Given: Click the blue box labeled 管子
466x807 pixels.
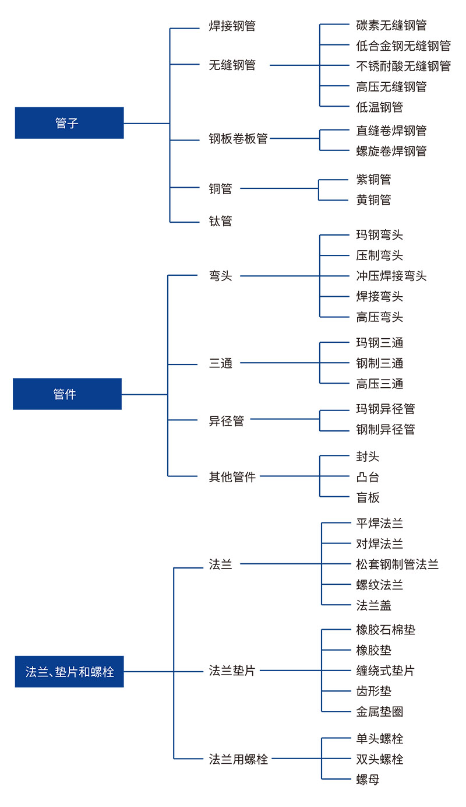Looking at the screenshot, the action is pyautogui.click(x=69, y=123).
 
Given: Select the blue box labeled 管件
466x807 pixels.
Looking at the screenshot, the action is pyautogui.click(x=67, y=394).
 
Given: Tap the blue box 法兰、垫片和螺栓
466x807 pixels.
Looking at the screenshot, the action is pyautogui.click(x=69, y=672).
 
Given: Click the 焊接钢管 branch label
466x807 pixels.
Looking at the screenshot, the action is pyautogui.click(x=232, y=26).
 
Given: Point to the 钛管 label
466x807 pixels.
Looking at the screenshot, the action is pyautogui.click(x=220, y=221).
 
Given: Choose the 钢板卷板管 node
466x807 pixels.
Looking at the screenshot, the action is pyautogui.click(x=238, y=138).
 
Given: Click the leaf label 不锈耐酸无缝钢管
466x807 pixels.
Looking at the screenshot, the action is pyautogui.click(x=404, y=66).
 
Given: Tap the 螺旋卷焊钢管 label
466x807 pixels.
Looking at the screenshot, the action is pyautogui.click(x=391, y=151).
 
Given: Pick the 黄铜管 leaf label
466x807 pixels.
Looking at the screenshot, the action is pyautogui.click(x=373, y=199).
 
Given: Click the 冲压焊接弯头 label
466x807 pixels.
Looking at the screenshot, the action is pyautogui.click(x=391, y=276).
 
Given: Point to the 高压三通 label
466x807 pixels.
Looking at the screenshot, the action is pyautogui.click(x=379, y=384).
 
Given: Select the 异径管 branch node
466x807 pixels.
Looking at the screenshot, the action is pyautogui.click(x=227, y=420).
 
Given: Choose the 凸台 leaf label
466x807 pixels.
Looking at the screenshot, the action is pyautogui.click(x=368, y=477).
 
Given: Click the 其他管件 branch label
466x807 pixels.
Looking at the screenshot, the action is pyautogui.click(x=232, y=476).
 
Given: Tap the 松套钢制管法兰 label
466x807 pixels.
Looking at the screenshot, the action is pyautogui.click(x=397, y=564).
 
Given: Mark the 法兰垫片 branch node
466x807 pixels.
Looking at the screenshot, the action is pyautogui.click(x=232, y=671).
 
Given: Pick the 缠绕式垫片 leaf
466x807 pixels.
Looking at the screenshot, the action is pyautogui.click(x=386, y=671).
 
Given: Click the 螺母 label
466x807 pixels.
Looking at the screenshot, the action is pyautogui.click(x=368, y=779).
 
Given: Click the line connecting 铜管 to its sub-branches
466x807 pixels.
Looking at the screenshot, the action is pyautogui.click(x=279, y=188).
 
